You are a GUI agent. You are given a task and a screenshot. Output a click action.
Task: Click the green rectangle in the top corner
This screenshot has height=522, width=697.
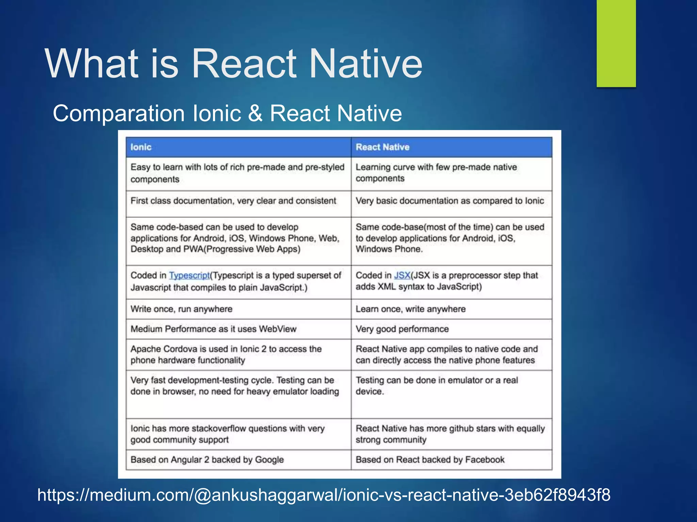616,43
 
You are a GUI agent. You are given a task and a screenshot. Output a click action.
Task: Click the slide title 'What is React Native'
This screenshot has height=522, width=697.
233,64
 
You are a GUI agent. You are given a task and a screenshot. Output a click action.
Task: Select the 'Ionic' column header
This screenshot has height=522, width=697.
141,147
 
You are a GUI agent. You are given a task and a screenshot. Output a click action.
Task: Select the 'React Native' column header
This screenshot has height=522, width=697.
382,147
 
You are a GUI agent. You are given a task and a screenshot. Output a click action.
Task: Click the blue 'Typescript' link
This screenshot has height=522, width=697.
189,275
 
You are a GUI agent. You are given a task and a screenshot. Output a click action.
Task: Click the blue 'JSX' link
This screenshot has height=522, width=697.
402,275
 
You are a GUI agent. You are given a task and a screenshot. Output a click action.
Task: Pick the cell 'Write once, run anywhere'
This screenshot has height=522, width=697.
181,309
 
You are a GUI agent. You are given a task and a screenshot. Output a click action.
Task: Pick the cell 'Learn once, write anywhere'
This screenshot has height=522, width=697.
410,309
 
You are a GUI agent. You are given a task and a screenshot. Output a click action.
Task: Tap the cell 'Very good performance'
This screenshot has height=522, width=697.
402,329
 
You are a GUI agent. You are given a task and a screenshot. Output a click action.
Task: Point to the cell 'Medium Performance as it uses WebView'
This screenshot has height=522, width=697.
213,329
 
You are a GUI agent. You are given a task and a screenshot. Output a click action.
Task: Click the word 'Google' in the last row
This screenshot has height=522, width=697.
269,460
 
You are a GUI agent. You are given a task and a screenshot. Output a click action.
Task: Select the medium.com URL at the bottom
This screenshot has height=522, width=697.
324,495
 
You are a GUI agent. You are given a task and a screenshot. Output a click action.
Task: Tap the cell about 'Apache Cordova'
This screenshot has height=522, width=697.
226,354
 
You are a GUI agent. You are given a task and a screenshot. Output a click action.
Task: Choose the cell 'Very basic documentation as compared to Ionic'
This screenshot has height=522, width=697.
450,201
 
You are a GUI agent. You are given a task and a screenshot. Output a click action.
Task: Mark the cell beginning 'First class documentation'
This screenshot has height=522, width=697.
233,201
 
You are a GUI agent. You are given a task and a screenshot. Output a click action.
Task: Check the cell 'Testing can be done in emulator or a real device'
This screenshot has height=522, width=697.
437,386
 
